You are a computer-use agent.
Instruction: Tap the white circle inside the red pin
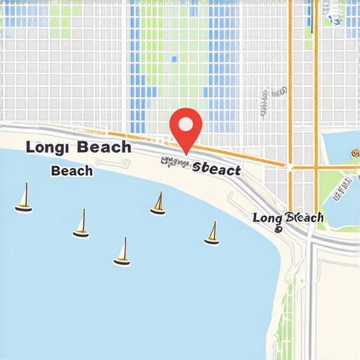point(186,124)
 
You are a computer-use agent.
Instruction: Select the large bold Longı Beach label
point(78,147)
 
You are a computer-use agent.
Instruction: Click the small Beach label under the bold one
point(72,170)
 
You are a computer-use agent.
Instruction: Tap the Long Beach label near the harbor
point(288,218)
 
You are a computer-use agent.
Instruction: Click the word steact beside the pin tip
point(216,169)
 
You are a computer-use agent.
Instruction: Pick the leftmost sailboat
point(24,198)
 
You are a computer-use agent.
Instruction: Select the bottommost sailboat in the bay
point(122,252)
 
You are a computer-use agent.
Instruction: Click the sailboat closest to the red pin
point(158,203)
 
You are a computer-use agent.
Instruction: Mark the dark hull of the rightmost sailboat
point(212,243)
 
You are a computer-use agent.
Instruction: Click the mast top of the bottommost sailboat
point(125,238)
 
